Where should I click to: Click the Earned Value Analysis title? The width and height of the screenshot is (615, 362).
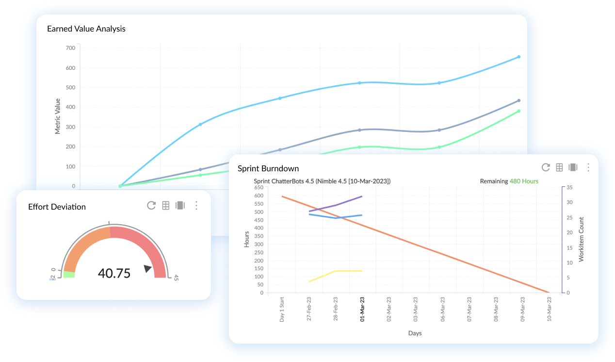[x=86, y=29]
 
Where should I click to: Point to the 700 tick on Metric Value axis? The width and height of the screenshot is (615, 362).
[x=70, y=48]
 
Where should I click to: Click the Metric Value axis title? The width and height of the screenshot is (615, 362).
[x=57, y=116]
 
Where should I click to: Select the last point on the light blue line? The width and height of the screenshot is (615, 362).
[x=518, y=57]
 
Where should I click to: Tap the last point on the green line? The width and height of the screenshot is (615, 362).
[x=518, y=111]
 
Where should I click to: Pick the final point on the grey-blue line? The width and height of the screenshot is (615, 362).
[x=518, y=100]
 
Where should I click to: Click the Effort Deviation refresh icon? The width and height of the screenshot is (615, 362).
[x=151, y=205]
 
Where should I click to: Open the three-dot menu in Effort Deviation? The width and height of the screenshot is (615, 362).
[x=196, y=205]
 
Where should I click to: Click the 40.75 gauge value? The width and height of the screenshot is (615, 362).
[x=114, y=273]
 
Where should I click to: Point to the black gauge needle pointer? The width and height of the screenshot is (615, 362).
[x=147, y=268]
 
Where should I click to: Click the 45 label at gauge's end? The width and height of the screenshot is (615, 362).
[x=176, y=278]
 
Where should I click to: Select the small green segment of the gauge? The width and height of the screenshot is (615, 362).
[x=69, y=275]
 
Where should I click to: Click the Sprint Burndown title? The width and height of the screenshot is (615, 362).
[x=268, y=168]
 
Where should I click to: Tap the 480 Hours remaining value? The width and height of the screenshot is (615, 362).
[x=523, y=181]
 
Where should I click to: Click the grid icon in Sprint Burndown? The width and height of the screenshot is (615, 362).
[x=559, y=167]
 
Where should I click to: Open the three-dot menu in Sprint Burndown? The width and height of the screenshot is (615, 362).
[x=588, y=167]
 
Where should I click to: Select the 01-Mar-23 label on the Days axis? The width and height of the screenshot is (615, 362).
[x=362, y=310]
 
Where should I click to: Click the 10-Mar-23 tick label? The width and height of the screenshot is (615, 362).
[x=549, y=310]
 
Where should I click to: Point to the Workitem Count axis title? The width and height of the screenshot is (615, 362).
[x=581, y=239]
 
